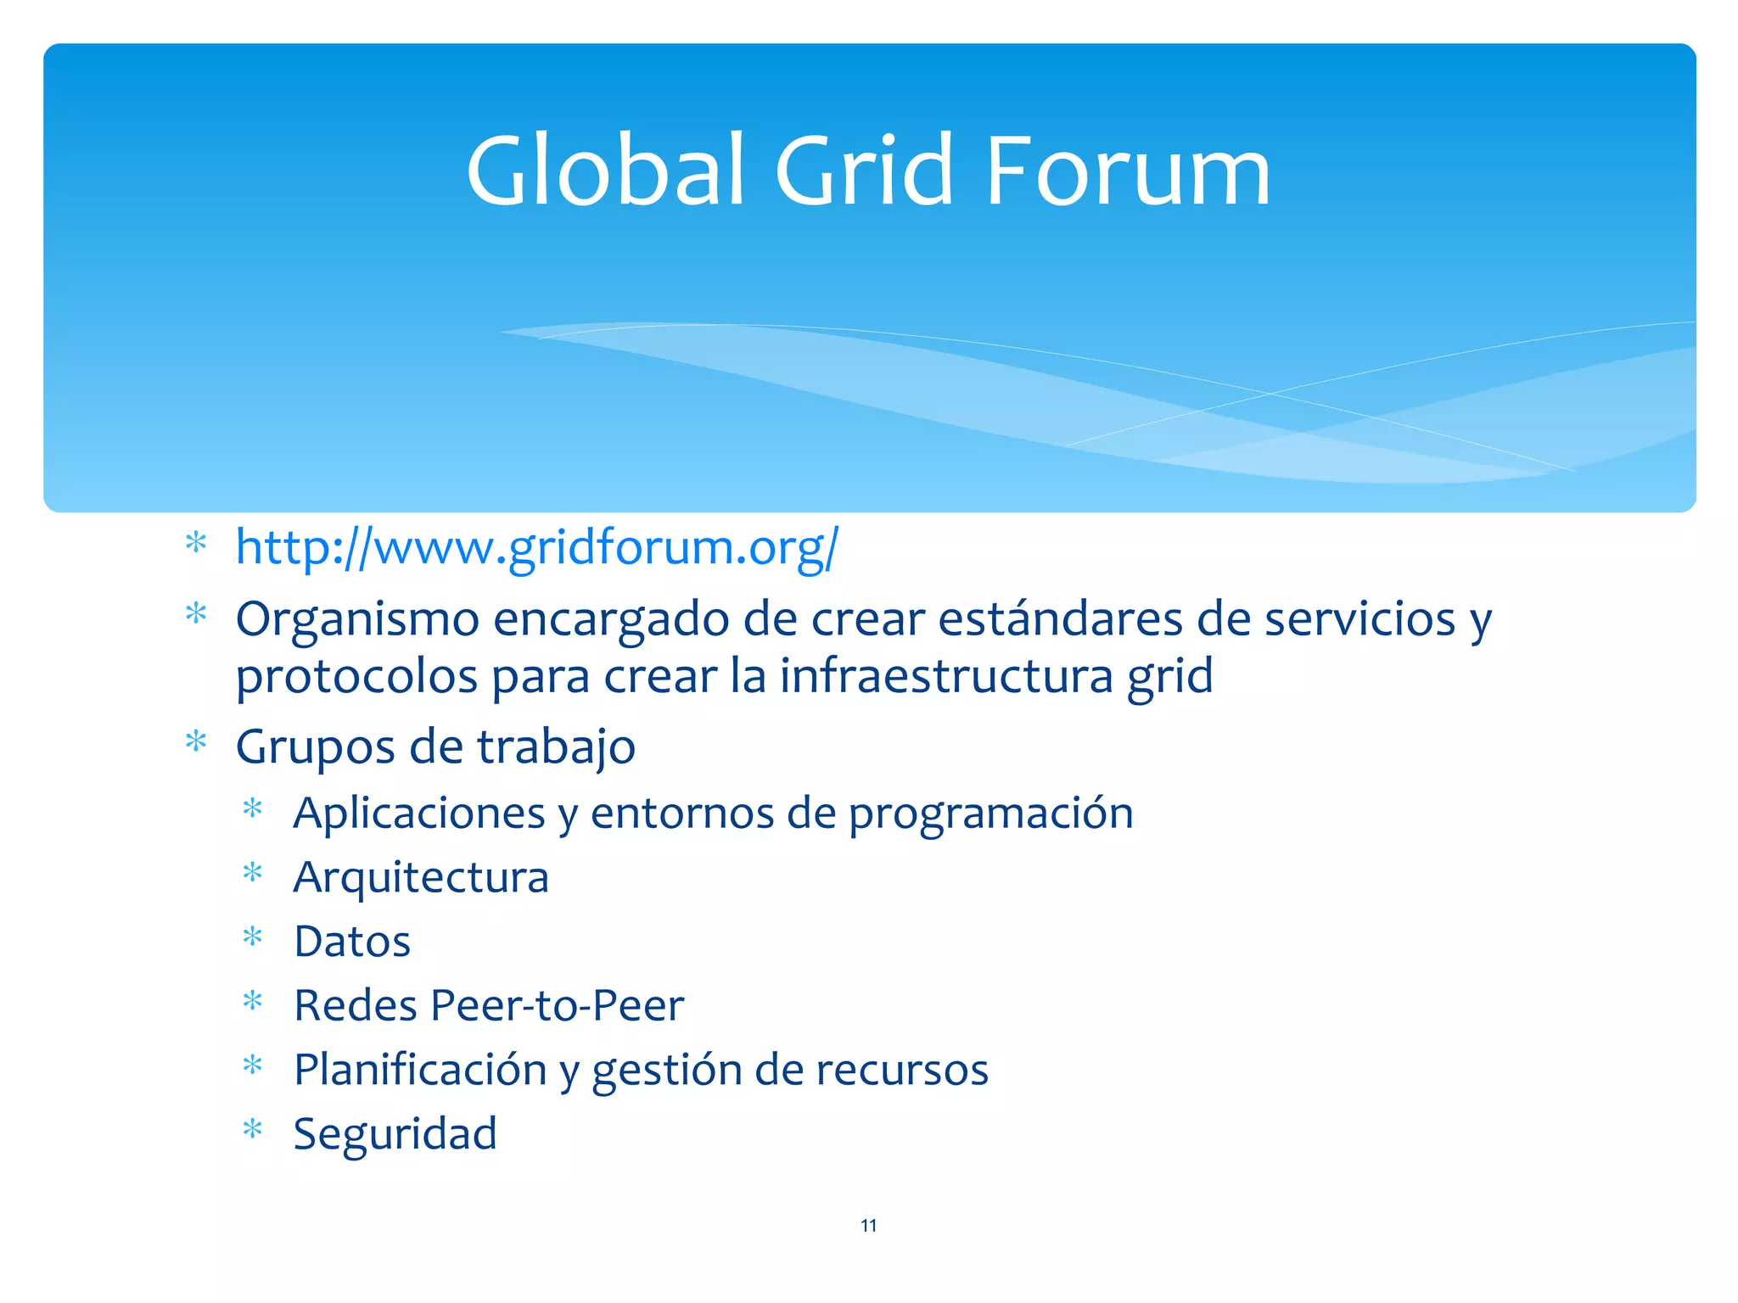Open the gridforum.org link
(x=536, y=547)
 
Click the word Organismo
(x=357, y=620)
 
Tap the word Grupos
(x=315, y=747)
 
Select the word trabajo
(x=556, y=747)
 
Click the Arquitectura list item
(x=421, y=877)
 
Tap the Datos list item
(x=352, y=942)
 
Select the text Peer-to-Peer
(x=557, y=1005)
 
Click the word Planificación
(x=420, y=1070)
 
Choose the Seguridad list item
(x=395, y=1134)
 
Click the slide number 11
(x=868, y=1225)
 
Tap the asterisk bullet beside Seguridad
(x=252, y=1129)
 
